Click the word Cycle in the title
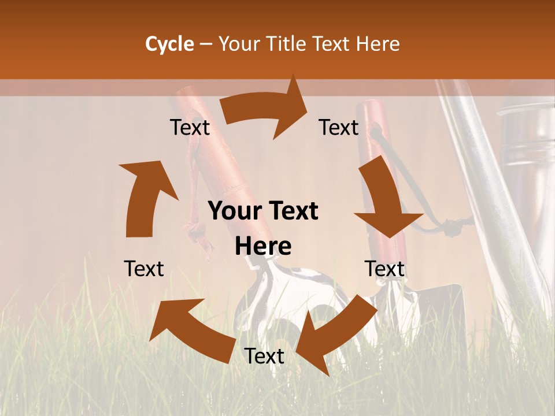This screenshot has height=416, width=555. tap(169, 44)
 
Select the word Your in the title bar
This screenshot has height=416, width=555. tap(239, 44)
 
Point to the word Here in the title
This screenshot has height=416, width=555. tap(378, 44)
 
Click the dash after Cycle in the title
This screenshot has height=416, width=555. tap(206, 44)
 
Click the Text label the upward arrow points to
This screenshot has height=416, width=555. tap(190, 128)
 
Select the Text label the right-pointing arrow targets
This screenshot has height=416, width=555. tap(339, 128)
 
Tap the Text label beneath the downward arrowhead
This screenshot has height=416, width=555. tap(384, 269)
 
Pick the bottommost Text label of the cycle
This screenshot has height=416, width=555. tap(264, 356)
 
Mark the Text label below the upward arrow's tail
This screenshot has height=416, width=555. tap(144, 269)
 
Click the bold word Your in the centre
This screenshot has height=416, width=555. tap(232, 211)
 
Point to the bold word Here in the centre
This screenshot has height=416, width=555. tap(263, 247)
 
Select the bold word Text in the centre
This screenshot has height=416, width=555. tap(291, 211)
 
